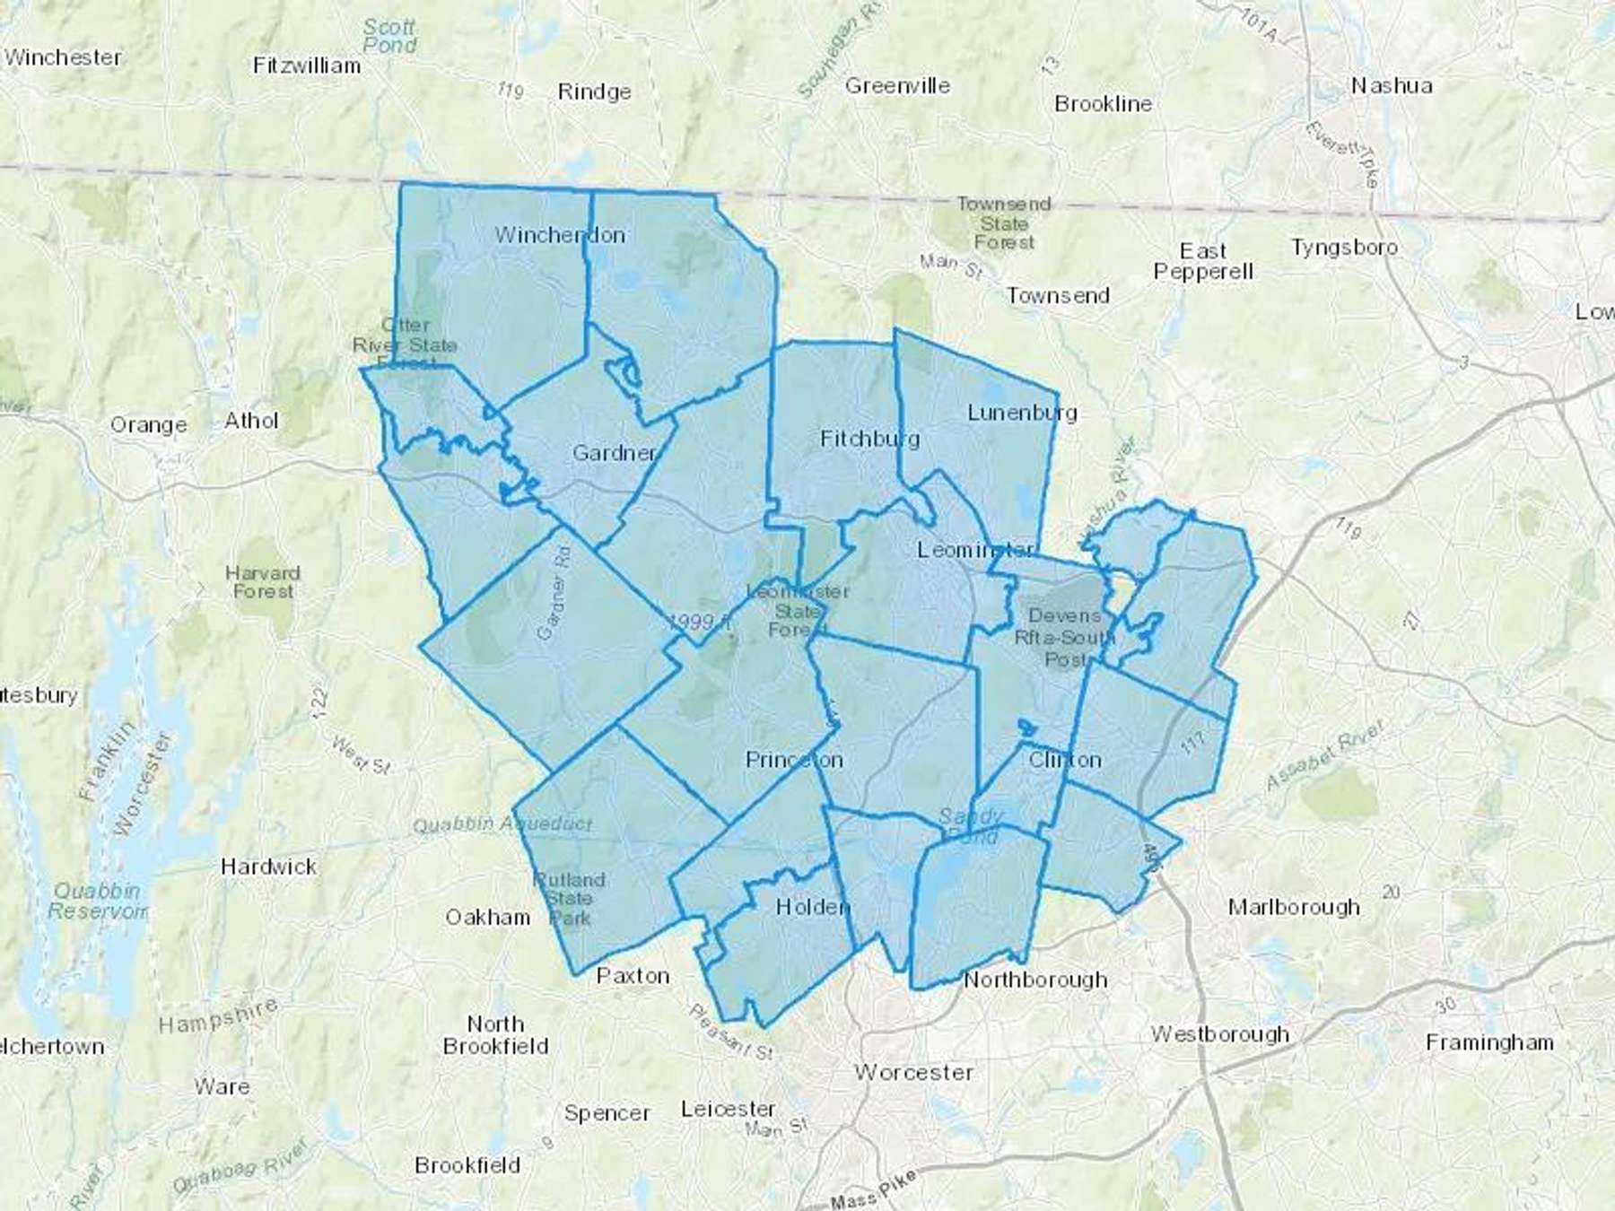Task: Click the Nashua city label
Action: tap(1391, 86)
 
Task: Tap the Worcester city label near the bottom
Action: tap(913, 1072)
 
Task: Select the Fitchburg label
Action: tap(869, 439)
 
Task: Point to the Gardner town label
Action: tap(615, 453)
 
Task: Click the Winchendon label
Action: tap(560, 235)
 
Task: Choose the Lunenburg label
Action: tap(1022, 413)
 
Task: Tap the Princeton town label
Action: tap(794, 761)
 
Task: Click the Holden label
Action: tap(812, 907)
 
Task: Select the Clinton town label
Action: tap(1065, 761)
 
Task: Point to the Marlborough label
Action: tap(1293, 907)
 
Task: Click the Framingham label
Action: tap(1489, 1042)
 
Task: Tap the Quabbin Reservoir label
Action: tap(97, 901)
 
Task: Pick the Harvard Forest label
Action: tap(262, 582)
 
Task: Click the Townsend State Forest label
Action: tap(1003, 223)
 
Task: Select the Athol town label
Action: tap(251, 421)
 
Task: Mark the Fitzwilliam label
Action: tap(307, 65)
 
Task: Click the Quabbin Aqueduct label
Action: tap(502, 823)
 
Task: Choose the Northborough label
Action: tap(1035, 980)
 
